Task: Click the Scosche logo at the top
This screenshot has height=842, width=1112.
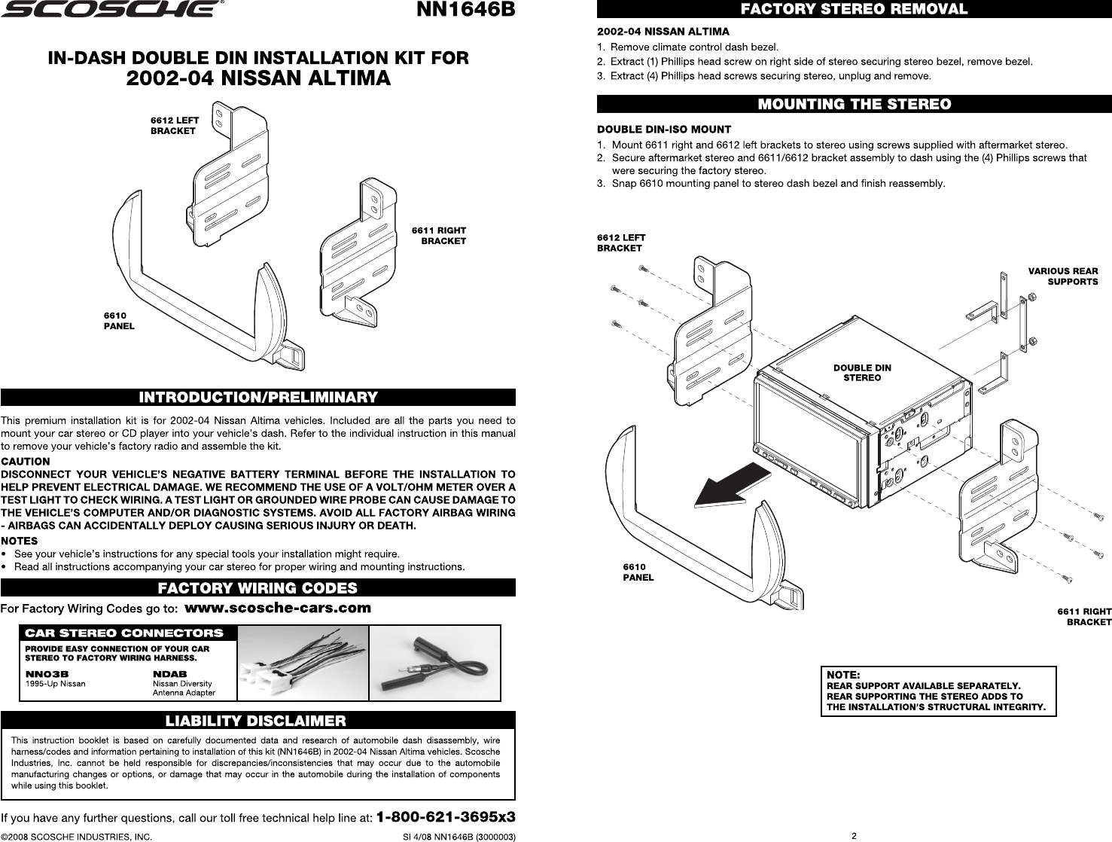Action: click(112, 9)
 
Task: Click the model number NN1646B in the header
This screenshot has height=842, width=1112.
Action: click(465, 9)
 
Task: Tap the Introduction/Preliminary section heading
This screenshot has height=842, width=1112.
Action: click(258, 397)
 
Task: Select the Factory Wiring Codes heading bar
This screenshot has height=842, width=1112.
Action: click(258, 587)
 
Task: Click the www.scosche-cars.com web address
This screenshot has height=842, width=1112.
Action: click(278, 608)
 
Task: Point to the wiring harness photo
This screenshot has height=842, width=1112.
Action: click(303, 663)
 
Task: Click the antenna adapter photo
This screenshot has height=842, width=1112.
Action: click(434, 663)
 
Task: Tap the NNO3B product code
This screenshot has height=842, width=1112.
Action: click(47, 674)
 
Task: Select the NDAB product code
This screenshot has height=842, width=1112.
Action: click(169, 674)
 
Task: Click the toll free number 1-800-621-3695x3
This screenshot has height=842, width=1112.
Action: click(446, 816)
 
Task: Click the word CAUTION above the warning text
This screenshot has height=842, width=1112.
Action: click(26, 462)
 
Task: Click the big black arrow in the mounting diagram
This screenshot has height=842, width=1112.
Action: click(732, 487)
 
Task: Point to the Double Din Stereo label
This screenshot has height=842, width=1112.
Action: click(862, 373)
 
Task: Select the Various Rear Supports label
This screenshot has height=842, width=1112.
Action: click(1063, 276)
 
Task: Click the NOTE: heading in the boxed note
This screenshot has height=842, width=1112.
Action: click(843, 675)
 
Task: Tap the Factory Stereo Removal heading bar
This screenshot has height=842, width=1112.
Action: click(854, 9)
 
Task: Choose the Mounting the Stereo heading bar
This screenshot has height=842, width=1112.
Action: click(854, 105)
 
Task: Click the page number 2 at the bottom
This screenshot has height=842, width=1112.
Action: click(854, 836)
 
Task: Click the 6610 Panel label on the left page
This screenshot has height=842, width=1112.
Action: click(119, 321)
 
